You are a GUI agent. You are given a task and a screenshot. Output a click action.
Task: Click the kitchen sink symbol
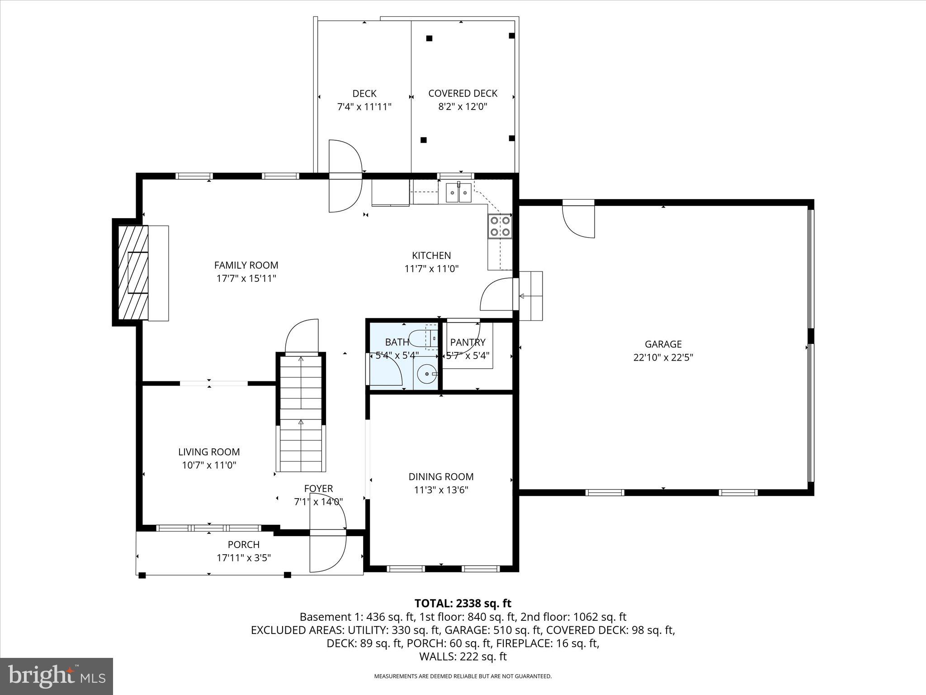458,193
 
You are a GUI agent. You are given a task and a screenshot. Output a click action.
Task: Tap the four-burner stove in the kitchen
500,226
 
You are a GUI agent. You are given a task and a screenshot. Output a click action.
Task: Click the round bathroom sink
426,374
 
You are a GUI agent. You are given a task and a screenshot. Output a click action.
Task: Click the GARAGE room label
663,344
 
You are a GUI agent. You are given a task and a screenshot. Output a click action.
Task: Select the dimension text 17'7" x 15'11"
246,278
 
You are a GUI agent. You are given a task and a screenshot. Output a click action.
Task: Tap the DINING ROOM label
441,476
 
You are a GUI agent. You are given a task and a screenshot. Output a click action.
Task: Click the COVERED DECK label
463,93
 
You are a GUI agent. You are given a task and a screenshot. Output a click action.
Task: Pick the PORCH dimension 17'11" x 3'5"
244,558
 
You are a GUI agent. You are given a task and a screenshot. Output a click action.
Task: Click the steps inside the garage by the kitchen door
531,296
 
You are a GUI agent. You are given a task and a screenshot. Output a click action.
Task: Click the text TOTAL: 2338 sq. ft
463,603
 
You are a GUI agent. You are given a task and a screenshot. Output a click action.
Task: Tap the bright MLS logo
57,676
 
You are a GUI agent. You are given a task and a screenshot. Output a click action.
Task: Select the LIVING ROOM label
209,452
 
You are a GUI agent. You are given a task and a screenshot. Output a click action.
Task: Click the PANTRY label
468,342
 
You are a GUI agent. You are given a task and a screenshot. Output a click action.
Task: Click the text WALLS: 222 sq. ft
463,657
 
